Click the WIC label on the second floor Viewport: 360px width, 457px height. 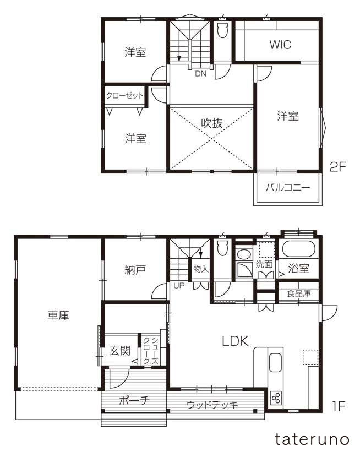click(280, 45)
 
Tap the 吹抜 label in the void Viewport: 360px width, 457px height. click(211, 123)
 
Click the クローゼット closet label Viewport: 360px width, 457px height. click(125, 95)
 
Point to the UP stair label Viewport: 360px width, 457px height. click(179, 285)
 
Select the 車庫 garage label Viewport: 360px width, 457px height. click(58, 315)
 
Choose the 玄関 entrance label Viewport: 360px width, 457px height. click(119, 351)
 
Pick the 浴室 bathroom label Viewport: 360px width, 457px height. click(299, 269)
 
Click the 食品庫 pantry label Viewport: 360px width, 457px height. click(299, 293)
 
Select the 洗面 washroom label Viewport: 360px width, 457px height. click(264, 264)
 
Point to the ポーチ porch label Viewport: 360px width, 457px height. click(134, 400)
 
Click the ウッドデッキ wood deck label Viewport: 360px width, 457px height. click(212, 405)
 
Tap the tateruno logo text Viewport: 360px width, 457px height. click(312, 439)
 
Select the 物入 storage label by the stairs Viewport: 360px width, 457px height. click(200, 269)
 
